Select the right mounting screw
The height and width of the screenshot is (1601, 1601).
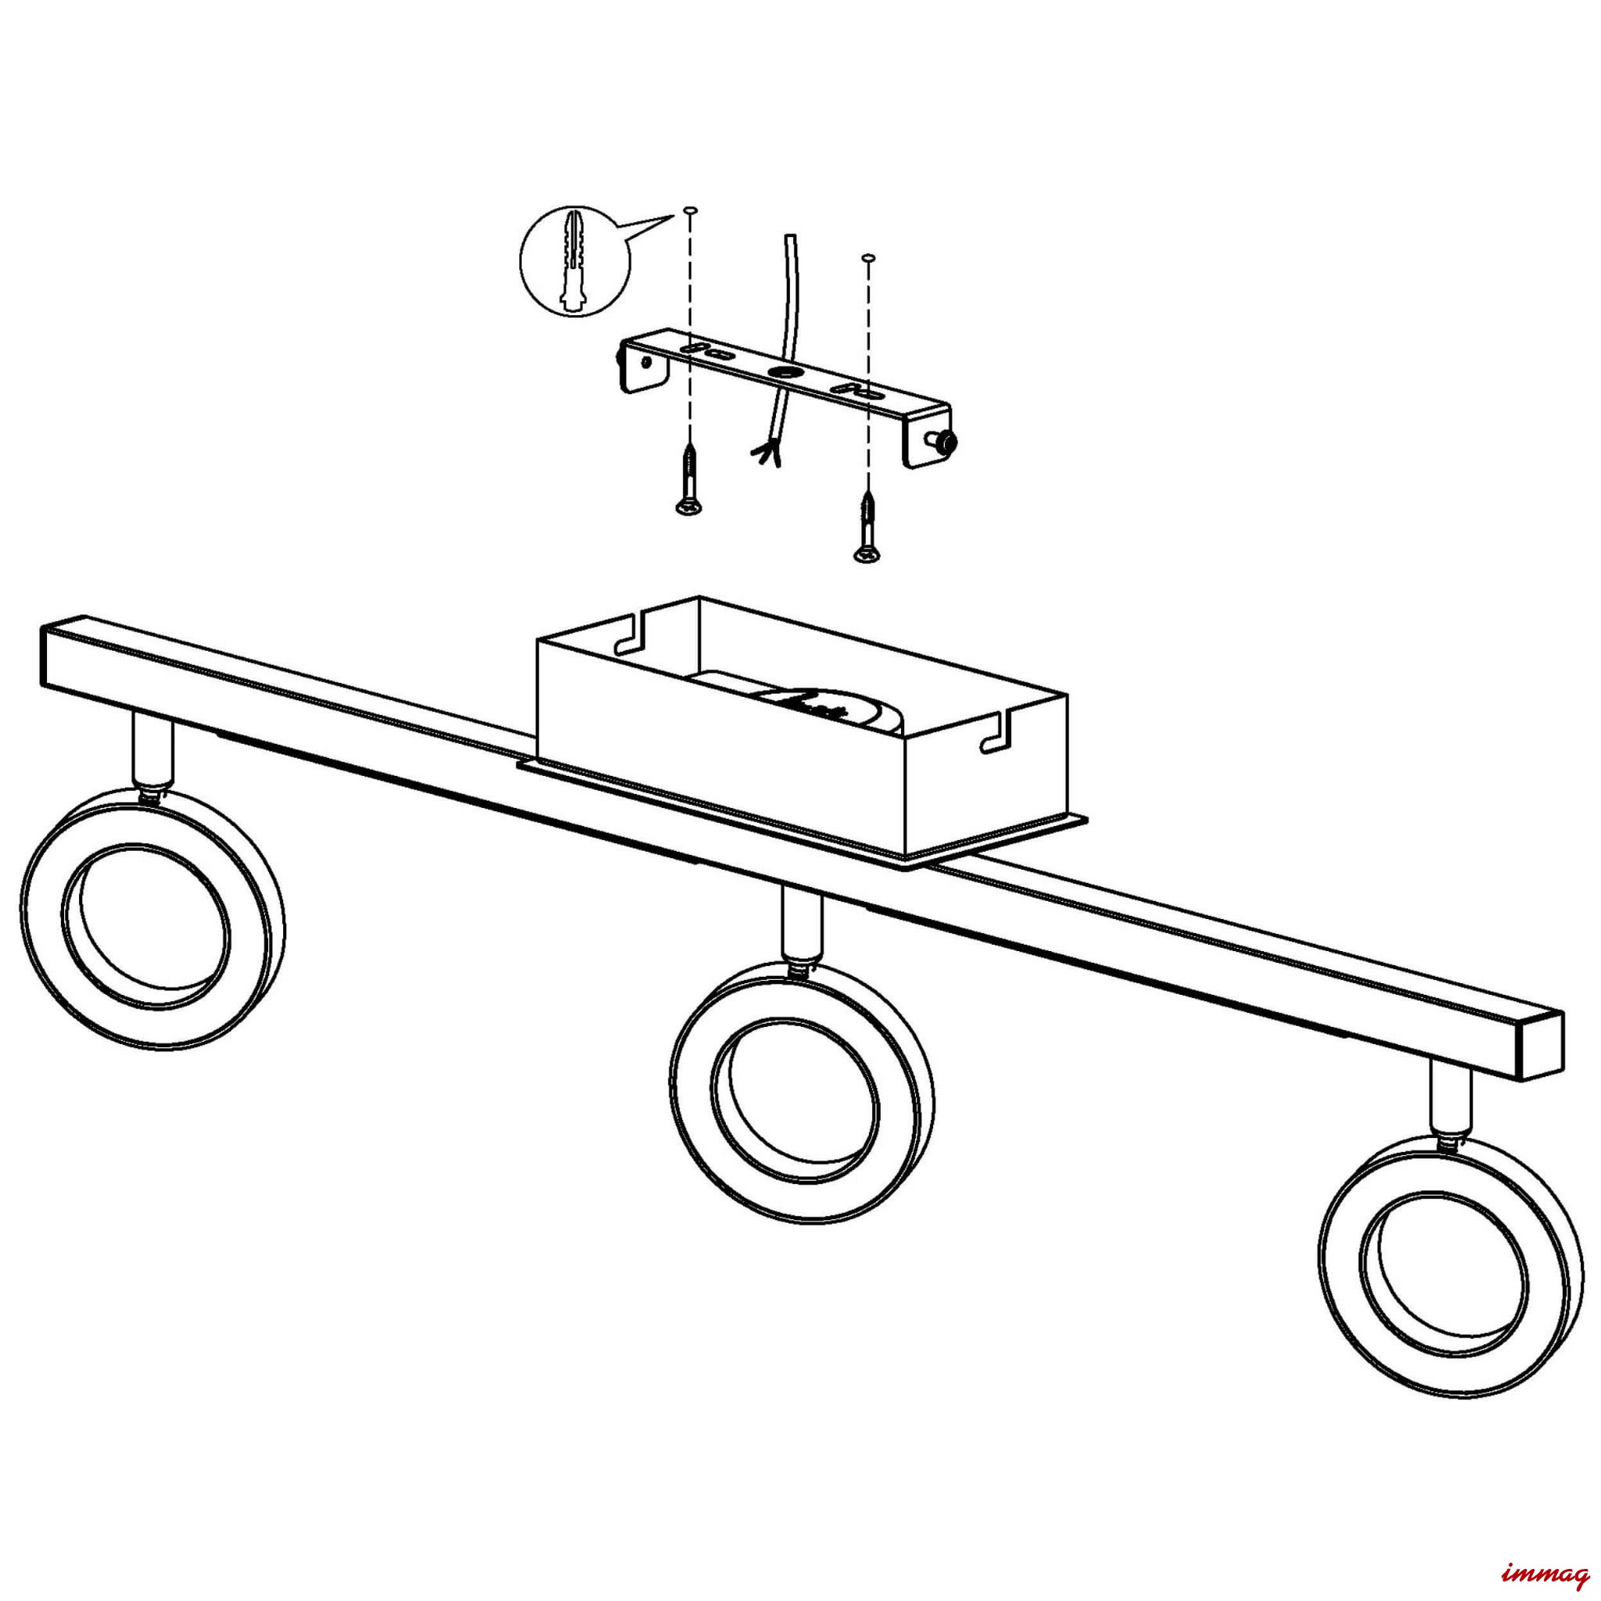(866, 528)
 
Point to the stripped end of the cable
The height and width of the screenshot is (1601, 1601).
(766, 454)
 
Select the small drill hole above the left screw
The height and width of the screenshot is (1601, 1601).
(688, 213)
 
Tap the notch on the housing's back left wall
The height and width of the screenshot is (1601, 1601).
(630, 634)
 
